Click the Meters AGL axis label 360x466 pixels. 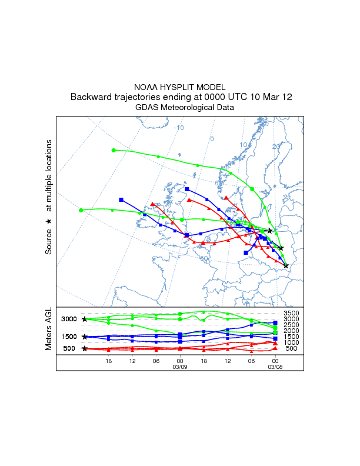click(49, 331)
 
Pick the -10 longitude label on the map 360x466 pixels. click(179, 128)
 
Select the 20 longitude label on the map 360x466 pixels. click(276, 147)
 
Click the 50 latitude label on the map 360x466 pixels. click(204, 258)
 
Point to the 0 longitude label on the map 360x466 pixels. click(212, 139)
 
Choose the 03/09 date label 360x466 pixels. click(180, 367)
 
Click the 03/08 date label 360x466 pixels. click(275, 367)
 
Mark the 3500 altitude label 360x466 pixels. click(292, 313)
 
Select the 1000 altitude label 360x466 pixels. click(292, 342)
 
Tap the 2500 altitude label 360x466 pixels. click(292, 325)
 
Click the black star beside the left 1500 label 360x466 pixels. click(85, 337)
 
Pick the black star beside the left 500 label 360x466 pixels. click(85, 348)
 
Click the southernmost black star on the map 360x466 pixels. click(286, 266)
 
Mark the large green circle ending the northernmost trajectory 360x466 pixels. click(114, 150)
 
